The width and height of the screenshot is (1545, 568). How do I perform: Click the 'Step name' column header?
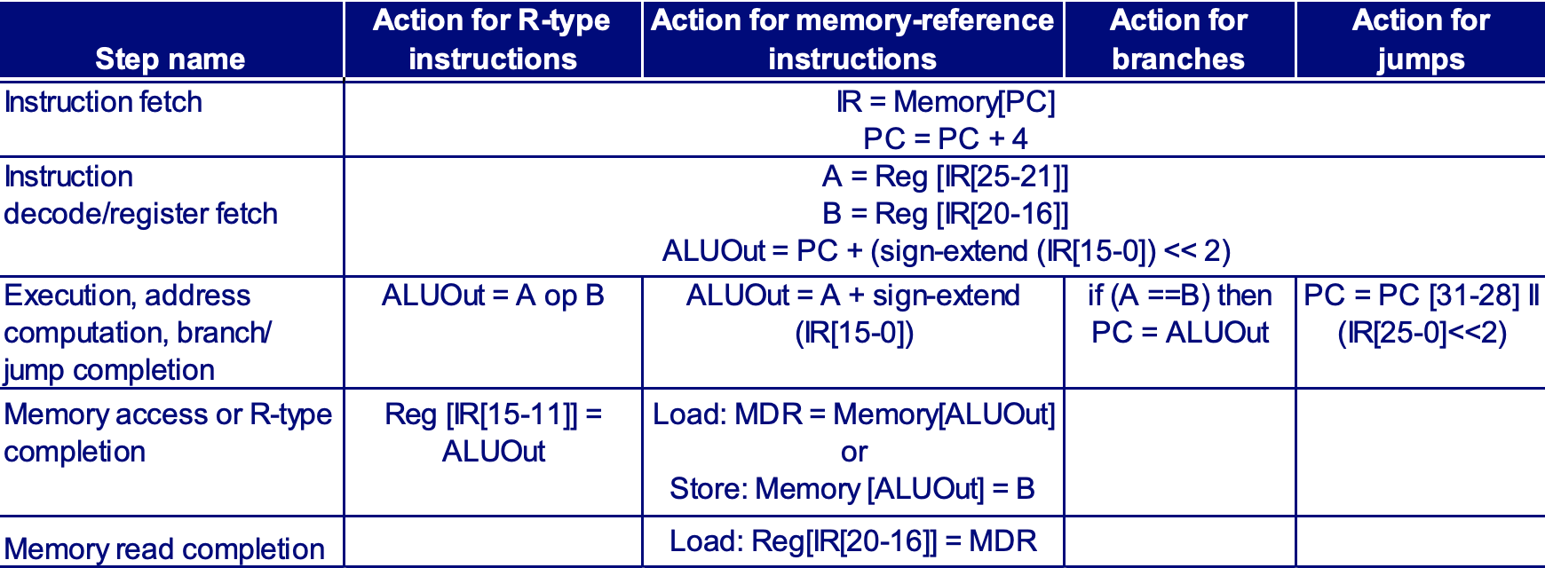(x=170, y=59)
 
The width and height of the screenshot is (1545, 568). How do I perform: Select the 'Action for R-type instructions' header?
(x=492, y=39)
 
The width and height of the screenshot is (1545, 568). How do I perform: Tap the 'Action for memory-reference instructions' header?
(x=852, y=39)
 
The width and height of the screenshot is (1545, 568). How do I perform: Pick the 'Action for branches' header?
(x=1178, y=39)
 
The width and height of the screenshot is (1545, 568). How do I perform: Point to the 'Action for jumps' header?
(x=1420, y=39)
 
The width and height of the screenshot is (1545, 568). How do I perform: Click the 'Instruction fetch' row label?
(x=103, y=102)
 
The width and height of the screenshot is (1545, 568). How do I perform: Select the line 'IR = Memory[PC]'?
(x=945, y=102)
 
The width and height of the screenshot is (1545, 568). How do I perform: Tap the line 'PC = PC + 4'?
(x=945, y=139)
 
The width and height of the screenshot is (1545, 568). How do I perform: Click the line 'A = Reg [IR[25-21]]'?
(x=945, y=177)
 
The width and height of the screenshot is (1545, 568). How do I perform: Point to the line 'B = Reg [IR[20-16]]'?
(x=945, y=214)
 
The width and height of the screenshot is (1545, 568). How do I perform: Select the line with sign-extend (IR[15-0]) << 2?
(x=945, y=251)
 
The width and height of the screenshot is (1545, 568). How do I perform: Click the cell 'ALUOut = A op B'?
(x=492, y=296)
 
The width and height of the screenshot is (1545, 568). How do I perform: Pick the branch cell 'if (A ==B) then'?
(x=1179, y=296)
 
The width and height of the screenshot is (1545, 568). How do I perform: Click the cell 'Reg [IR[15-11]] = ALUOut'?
(x=493, y=433)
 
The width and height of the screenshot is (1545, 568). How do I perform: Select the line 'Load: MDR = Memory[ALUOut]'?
(x=853, y=414)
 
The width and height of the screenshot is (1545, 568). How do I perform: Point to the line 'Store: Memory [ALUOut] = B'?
(x=852, y=489)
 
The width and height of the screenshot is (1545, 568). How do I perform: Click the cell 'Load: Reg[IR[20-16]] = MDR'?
(x=852, y=541)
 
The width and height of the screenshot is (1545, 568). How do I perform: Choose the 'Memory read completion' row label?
(x=164, y=548)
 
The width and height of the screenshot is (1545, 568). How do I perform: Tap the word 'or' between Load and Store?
(x=853, y=452)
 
